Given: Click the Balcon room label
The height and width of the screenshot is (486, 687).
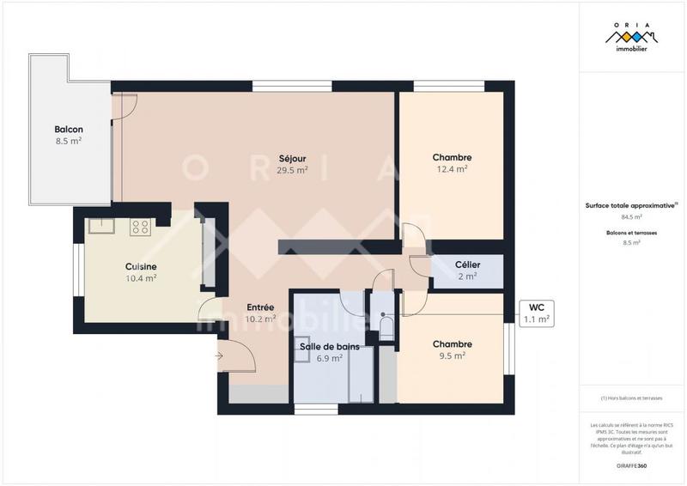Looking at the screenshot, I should (68, 135).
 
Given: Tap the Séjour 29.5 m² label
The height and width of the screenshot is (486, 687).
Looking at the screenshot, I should (292, 164).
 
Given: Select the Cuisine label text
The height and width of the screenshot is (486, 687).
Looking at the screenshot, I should (141, 272).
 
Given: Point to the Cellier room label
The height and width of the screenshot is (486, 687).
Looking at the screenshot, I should (467, 270).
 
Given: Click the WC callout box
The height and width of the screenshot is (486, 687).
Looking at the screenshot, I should (537, 313).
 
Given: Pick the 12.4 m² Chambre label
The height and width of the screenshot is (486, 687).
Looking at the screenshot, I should (452, 163).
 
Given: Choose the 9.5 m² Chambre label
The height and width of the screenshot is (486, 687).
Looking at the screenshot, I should (452, 349).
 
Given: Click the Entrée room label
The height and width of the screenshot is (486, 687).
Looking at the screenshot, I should (260, 313).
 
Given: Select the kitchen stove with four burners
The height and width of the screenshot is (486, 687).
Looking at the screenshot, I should (140, 228).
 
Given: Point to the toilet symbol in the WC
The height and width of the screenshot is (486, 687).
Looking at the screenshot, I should (386, 327).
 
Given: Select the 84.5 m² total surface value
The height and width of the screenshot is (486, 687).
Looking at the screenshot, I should (631, 216).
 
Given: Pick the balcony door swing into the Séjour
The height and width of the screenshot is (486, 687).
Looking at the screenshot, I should (125, 105).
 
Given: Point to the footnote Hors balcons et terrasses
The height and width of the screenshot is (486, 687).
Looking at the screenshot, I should (631, 398).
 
